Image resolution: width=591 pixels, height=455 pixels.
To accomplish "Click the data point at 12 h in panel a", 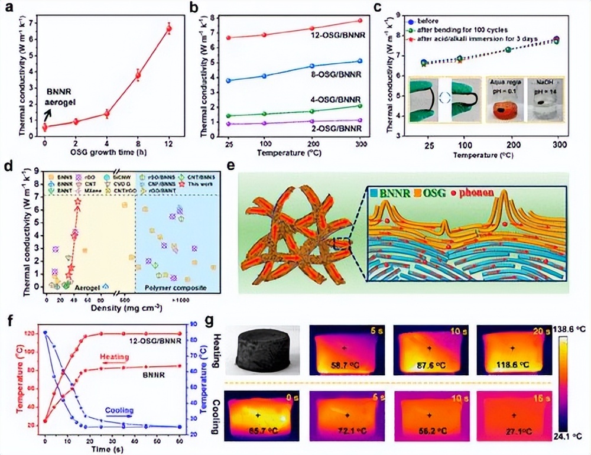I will click(x=170, y=28).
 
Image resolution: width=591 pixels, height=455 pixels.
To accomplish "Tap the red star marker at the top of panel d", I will click(x=77, y=203).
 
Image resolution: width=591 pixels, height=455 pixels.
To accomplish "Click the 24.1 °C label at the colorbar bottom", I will click(x=571, y=438).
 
